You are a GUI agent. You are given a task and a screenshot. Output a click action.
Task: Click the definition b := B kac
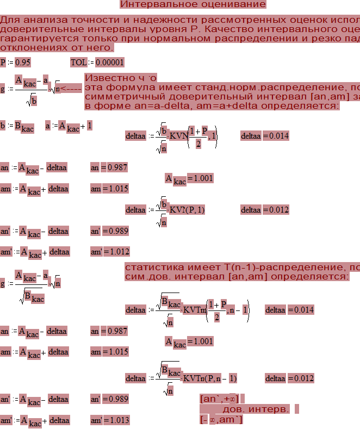17,126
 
